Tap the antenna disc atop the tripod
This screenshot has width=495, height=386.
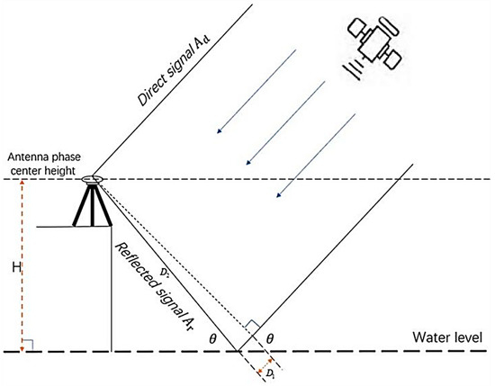point(94,181)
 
